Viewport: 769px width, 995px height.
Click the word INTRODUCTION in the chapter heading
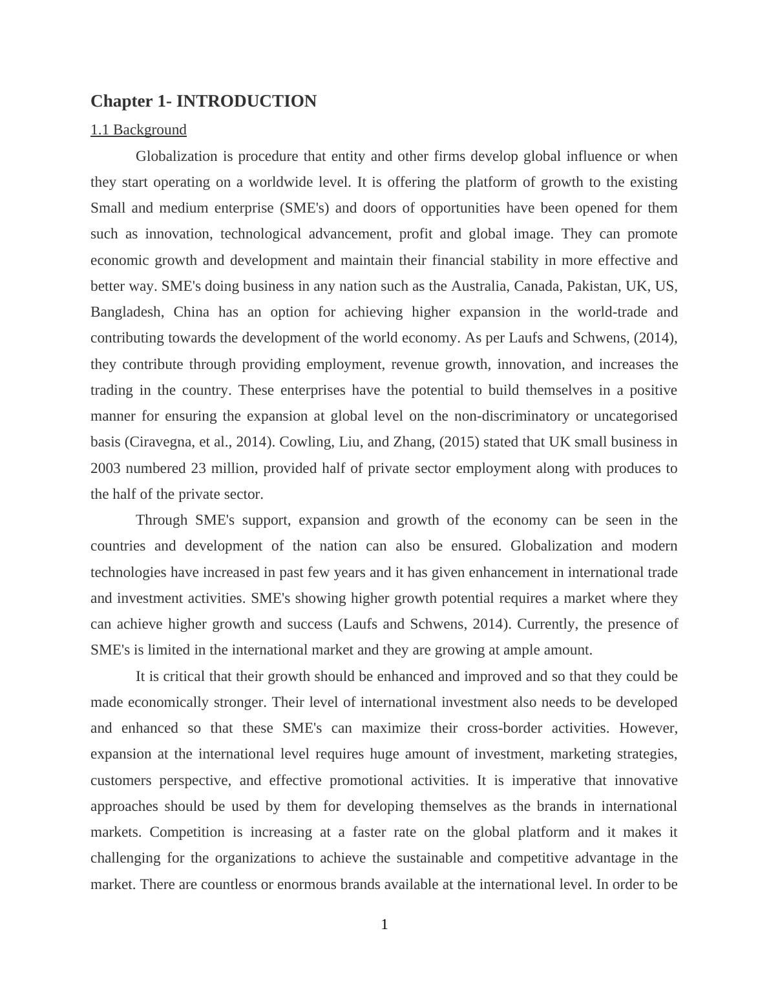click(246, 101)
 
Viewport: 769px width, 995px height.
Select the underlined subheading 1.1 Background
click(138, 130)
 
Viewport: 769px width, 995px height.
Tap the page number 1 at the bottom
click(384, 925)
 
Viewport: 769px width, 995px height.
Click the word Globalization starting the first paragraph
click(176, 156)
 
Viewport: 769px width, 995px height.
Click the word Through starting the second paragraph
click(162, 520)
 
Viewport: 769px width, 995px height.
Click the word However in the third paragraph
click(648, 728)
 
